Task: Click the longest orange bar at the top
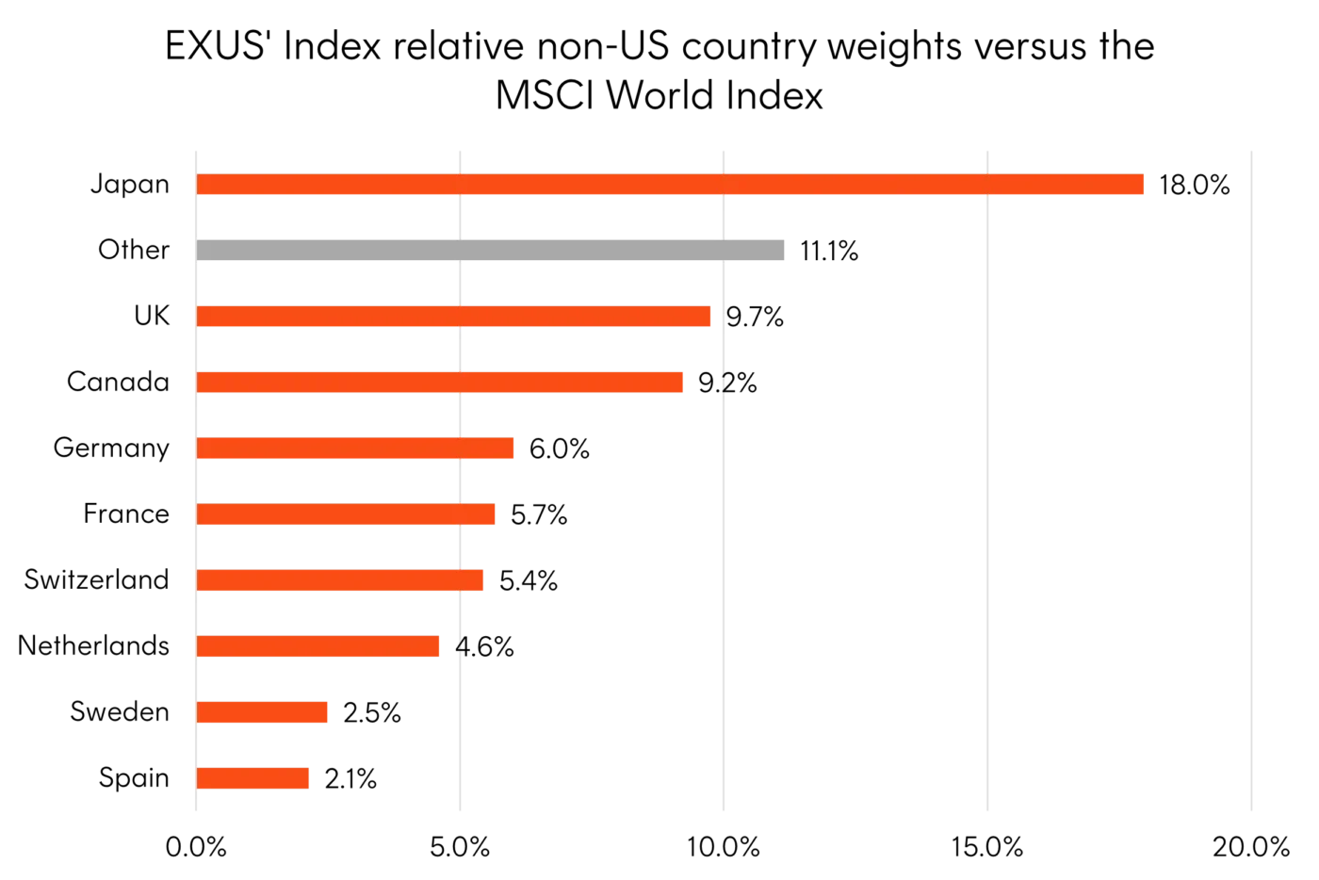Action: pyautogui.click(x=671, y=185)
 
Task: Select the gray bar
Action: pyautogui.click(x=494, y=250)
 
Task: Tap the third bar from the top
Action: pyautogui.click(x=454, y=317)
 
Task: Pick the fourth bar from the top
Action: pyautogui.click(x=441, y=383)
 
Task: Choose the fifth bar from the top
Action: pyautogui.click(x=357, y=448)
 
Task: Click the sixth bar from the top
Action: pyautogui.click(x=347, y=514)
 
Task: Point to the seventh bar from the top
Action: pyautogui.click(x=341, y=580)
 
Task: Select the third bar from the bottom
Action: pyautogui.click(x=319, y=646)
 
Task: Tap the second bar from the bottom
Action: pyautogui.click(x=264, y=712)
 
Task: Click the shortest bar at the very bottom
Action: pyautogui.click(x=254, y=778)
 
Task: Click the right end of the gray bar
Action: pyautogui.click(x=788, y=250)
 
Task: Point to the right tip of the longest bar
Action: pyautogui.click(x=1142, y=185)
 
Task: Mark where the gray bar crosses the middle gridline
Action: pyautogui.click(x=724, y=250)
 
